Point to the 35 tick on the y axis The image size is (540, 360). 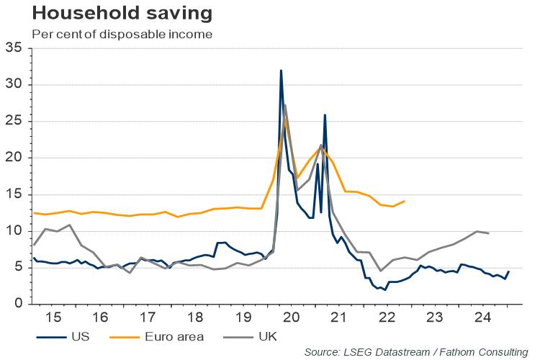pos(14,48)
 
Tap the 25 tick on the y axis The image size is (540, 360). pos(14,122)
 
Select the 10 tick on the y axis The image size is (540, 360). pos(14,231)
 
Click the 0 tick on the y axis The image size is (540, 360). pos(18,304)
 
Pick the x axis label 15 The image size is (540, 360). pos(53,318)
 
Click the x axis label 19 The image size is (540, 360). pos(243,318)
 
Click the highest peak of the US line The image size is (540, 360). pos(281,71)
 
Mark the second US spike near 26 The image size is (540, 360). pos(325,115)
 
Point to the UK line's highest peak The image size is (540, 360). pos(285,105)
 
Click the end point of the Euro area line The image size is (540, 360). pos(405,201)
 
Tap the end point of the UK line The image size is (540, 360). pos(489,233)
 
